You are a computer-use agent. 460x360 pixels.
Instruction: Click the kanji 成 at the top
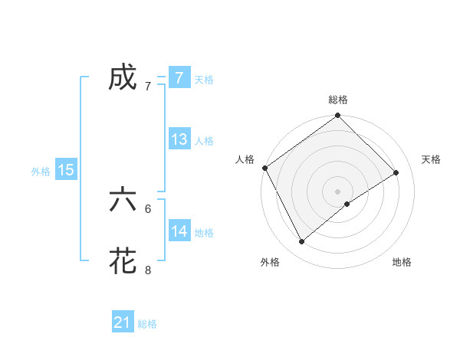(x=123, y=78)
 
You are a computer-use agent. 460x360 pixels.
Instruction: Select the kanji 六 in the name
(x=123, y=199)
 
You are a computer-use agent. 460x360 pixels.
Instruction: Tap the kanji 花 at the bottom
(x=123, y=260)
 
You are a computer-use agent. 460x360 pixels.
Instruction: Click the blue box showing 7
(x=179, y=78)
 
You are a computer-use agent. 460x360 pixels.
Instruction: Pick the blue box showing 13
(x=179, y=139)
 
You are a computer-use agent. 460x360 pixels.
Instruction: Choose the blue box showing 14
(x=179, y=231)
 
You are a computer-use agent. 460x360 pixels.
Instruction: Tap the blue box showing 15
(x=66, y=170)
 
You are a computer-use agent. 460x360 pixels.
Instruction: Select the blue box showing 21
(x=123, y=322)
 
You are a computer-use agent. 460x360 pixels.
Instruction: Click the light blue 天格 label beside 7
(x=204, y=79)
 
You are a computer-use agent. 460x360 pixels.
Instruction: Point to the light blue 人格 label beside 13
(x=204, y=140)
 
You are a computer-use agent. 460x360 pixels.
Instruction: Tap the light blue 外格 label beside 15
(x=41, y=171)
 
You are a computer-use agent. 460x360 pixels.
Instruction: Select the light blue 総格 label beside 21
(x=147, y=323)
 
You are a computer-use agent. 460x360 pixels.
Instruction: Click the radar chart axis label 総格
(x=338, y=100)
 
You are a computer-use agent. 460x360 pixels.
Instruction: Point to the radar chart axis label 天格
(x=431, y=159)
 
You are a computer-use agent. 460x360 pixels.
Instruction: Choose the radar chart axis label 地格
(x=402, y=262)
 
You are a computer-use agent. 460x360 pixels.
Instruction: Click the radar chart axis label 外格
(x=270, y=262)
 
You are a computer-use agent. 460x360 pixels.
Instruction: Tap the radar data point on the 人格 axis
(x=264, y=168)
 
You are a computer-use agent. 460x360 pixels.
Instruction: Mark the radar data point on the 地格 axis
(x=347, y=204)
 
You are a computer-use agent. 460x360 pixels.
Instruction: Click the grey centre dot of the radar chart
(x=337, y=191)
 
